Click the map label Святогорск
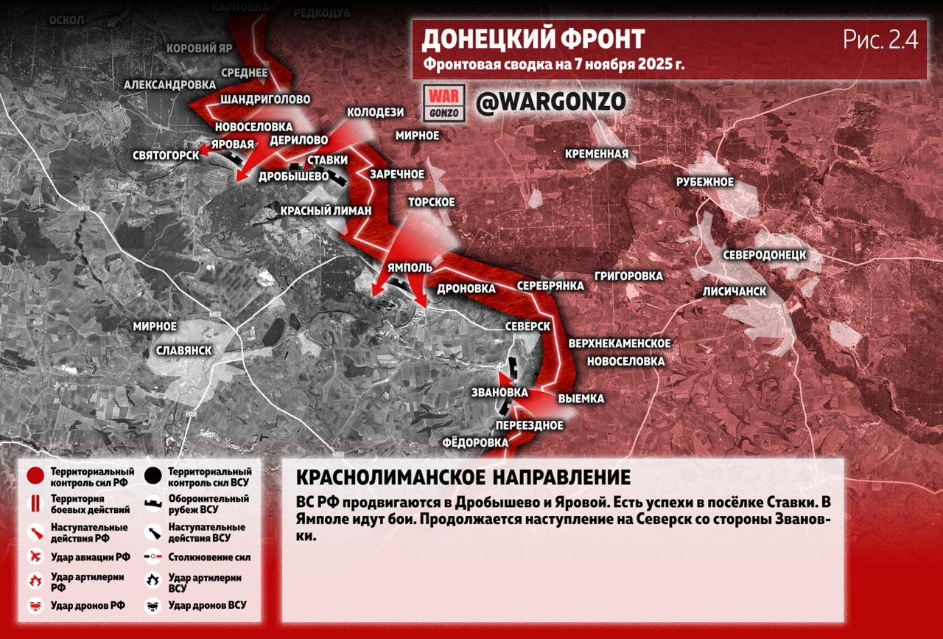pos(166,155)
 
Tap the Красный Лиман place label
pos(326,210)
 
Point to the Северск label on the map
pos(528,326)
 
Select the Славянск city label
pos(184,350)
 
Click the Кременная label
pos(597,154)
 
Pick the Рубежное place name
pos(705,182)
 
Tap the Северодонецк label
pos(764,254)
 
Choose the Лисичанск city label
pos(734,291)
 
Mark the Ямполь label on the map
pos(410,268)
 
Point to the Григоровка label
pos(628,276)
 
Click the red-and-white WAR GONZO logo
pos(445,102)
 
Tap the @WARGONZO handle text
pos(550,102)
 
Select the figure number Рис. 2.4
pos(880,41)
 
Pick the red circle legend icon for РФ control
pos(35,476)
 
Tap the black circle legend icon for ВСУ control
pos(153,476)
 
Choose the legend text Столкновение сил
pos(209,557)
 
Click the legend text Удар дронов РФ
pos(88,606)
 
